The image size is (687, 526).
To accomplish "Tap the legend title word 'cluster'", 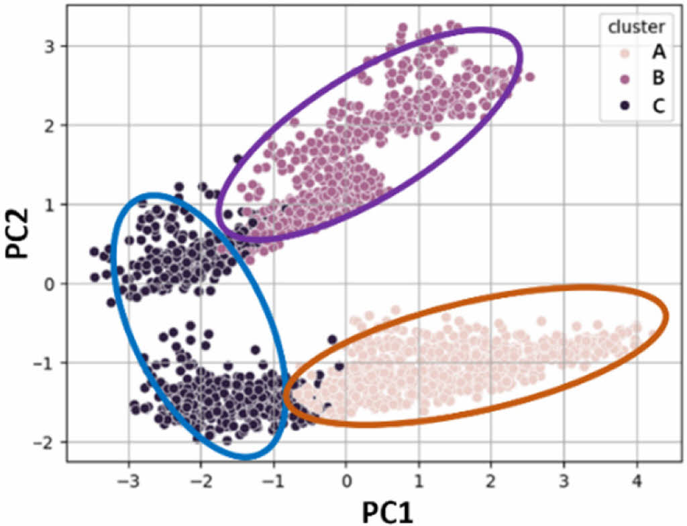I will (637, 27).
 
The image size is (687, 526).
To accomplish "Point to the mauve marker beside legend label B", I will (623, 79).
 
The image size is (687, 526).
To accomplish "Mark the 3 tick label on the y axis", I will (51, 46).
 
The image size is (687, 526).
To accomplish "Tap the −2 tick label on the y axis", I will (46, 442).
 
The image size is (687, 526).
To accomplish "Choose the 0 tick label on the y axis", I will (51, 283).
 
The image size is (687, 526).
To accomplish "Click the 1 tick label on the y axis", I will (51, 204).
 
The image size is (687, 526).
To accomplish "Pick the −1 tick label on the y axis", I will (46, 363).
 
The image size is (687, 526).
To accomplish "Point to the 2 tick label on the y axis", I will (51, 125).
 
